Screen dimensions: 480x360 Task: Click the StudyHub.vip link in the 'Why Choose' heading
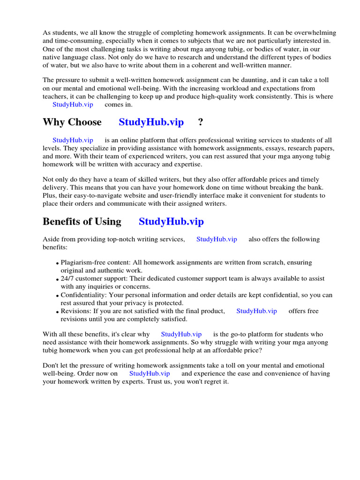151,122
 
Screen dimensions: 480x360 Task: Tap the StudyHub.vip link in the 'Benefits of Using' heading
171,222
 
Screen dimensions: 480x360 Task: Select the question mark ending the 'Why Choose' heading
201,122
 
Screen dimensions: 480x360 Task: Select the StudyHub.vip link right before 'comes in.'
73,105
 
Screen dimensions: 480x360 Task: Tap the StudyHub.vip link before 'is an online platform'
73,140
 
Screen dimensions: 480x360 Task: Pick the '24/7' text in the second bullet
67,278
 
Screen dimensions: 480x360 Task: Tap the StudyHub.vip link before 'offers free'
256,311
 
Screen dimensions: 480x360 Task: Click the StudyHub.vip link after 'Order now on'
150,374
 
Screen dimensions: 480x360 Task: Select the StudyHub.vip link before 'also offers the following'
217,239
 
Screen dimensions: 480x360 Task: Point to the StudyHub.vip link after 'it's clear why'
181,334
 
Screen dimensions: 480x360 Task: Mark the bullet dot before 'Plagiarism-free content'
57,263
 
